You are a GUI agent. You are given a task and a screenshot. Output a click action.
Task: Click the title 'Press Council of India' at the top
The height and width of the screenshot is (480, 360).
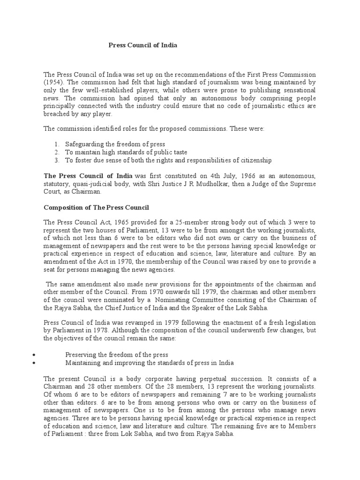click(x=143, y=45)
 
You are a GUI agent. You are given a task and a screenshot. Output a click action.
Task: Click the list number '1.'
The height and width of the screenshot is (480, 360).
click(x=56, y=144)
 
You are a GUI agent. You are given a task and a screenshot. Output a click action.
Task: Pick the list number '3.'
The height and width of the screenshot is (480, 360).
click(x=56, y=160)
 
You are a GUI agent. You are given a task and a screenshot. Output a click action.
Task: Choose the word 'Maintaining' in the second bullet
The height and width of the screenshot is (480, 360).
click(x=83, y=363)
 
